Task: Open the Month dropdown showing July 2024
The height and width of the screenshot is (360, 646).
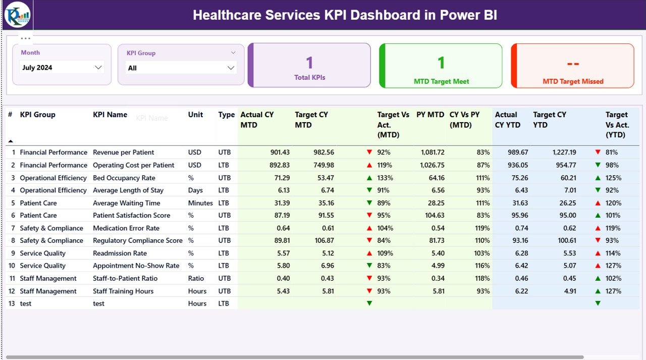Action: click(62, 68)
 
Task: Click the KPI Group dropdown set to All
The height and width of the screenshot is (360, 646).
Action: click(181, 68)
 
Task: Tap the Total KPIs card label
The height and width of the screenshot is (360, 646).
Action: click(309, 78)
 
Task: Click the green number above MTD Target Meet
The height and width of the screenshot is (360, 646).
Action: click(441, 63)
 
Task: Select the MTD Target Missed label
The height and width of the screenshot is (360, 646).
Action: click(573, 81)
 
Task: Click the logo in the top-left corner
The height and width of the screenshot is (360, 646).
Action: click(17, 15)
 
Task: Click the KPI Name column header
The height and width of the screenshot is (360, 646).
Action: click(110, 115)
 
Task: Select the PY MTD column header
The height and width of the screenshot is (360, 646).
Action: click(430, 115)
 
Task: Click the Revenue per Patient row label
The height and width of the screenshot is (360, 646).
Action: click(123, 152)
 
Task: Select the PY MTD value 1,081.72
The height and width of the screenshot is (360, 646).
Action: click(430, 152)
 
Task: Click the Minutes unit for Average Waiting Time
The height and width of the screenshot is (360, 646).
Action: click(200, 203)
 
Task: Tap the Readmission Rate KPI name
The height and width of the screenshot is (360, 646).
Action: click(120, 253)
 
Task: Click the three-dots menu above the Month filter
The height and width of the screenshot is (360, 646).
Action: click(26, 38)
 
